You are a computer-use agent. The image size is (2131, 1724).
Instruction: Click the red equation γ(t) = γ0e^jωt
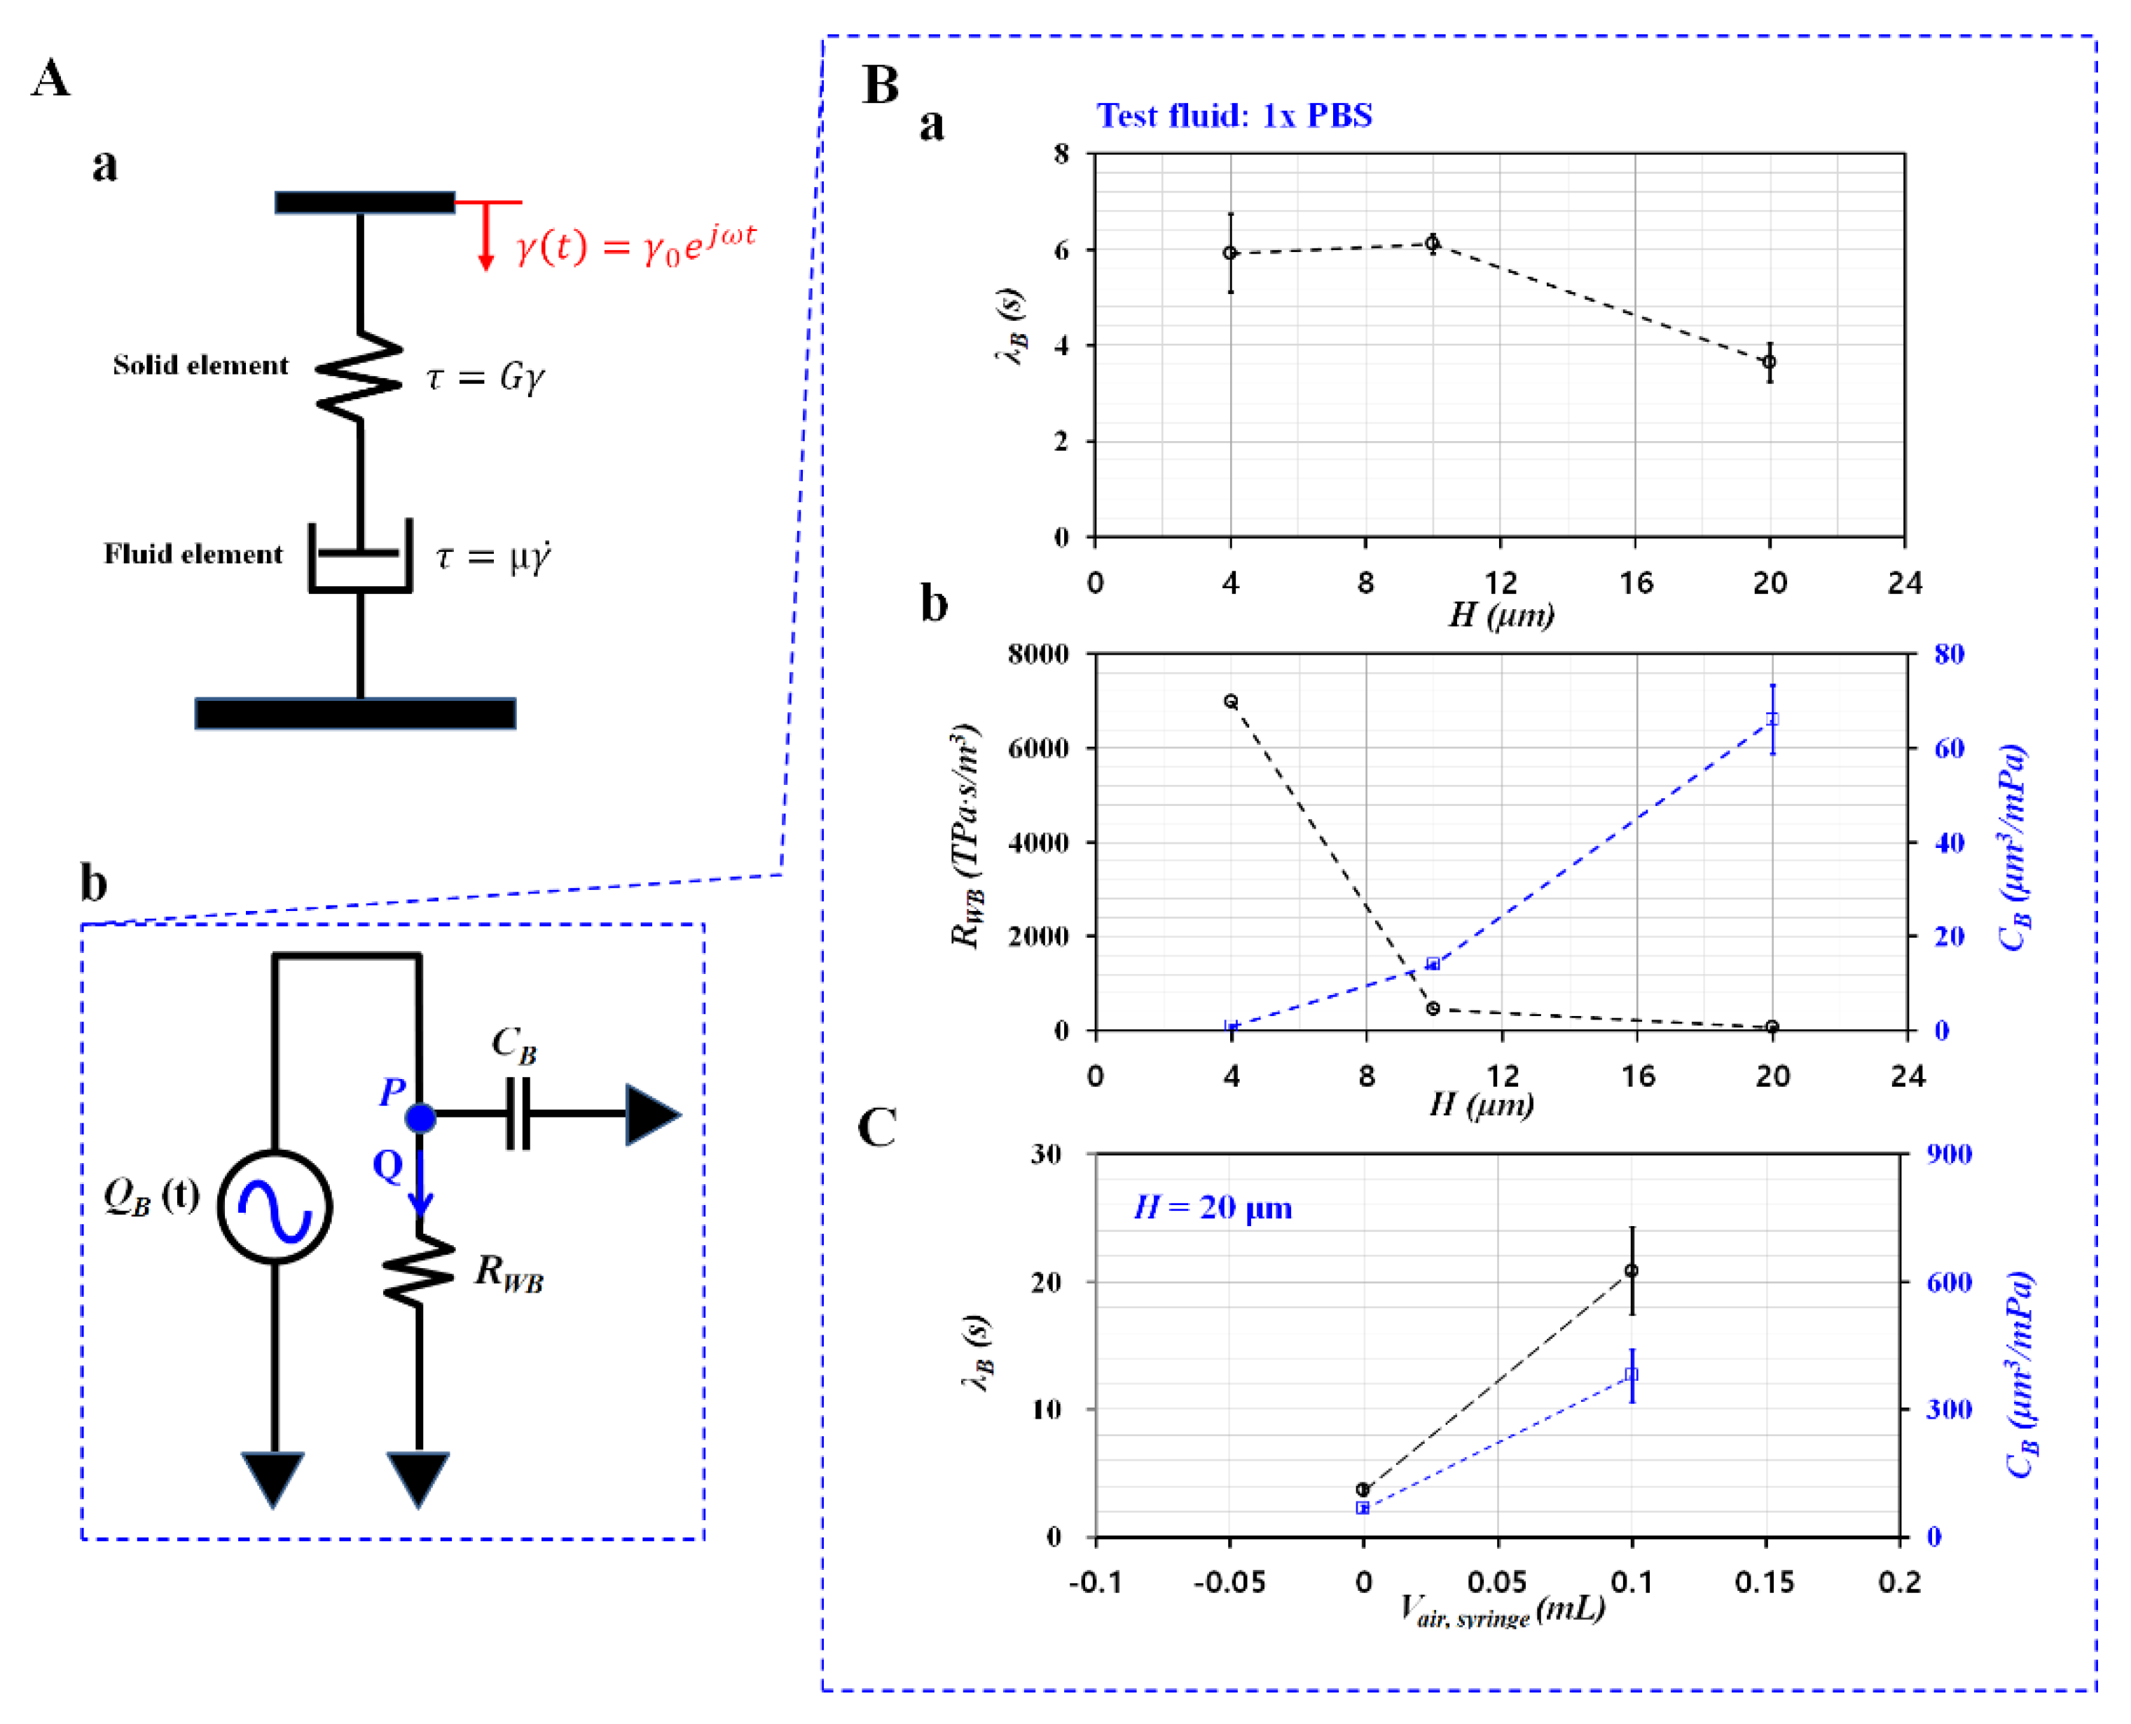coord(636,243)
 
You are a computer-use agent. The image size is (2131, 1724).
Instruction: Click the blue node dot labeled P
coord(420,1118)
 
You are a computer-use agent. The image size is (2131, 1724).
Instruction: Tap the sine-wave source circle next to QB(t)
coord(275,1207)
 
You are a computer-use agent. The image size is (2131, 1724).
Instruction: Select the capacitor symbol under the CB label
coord(518,1114)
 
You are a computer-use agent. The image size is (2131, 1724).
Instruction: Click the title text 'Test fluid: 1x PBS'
coord(1234,116)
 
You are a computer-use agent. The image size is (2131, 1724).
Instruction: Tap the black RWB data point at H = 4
coord(1231,701)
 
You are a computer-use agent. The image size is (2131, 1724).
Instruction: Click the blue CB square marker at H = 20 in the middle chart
coord(1772,719)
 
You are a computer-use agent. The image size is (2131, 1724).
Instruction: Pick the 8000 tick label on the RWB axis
coord(1038,655)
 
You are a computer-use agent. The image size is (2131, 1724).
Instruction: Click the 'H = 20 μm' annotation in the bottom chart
coord(1213,1209)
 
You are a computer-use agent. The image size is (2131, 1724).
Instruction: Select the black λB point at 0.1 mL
coord(1632,1271)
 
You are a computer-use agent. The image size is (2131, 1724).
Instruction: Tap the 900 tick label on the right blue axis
coord(1949,1154)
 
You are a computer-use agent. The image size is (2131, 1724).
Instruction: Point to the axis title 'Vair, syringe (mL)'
coord(1502,1611)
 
